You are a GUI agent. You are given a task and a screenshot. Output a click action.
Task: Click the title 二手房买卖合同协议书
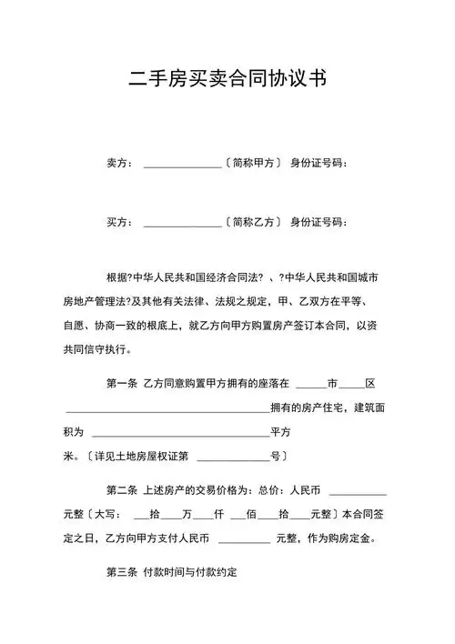click(x=227, y=80)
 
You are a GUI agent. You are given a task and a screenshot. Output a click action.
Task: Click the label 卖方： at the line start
click(x=121, y=164)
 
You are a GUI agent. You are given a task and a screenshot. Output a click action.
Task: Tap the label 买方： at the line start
click(x=121, y=222)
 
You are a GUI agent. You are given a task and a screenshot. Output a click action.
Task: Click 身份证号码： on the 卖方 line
click(x=318, y=164)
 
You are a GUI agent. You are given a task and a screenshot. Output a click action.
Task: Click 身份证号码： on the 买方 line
click(x=318, y=222)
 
